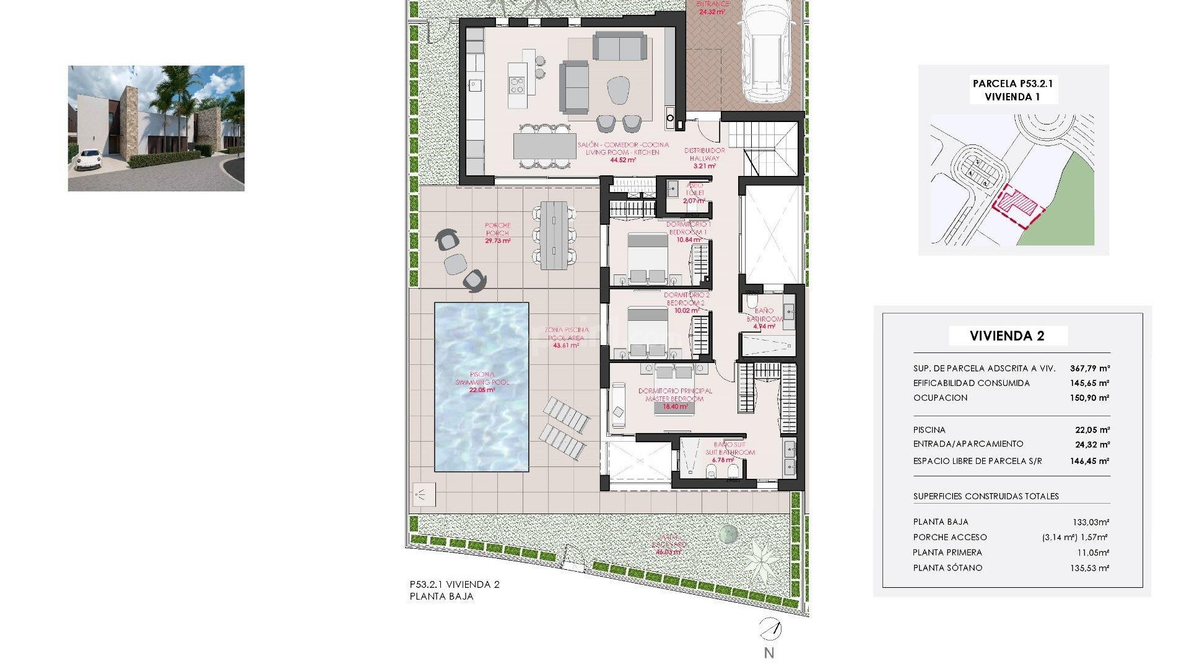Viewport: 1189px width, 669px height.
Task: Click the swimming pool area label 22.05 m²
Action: coord(482,390)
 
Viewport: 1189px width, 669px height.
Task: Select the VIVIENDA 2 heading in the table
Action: coord(1007,336)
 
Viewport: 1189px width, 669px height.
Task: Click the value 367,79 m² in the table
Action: coord(1089,368)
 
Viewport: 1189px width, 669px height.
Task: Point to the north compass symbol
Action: coord(770,630)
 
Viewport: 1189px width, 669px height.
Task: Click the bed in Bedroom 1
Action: coord(648,258)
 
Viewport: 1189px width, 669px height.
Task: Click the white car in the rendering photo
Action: coord(88,159)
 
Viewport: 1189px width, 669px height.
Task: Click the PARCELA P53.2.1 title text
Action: coord(1013,84)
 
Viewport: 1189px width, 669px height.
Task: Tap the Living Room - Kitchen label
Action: coord(623,152)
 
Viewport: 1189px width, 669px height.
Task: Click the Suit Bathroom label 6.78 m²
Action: coord(723,460)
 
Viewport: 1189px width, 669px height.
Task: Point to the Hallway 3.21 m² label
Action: coord(704,166)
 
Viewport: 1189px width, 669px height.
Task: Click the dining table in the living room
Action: coord(544,147)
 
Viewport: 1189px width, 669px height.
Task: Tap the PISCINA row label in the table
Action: coord(929,430)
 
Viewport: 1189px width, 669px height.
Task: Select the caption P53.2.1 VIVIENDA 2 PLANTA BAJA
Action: coord(454,590)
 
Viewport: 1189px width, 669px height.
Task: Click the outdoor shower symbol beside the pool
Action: coord(424,494)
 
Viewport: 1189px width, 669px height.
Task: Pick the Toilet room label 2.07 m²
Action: coord(694,201)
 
